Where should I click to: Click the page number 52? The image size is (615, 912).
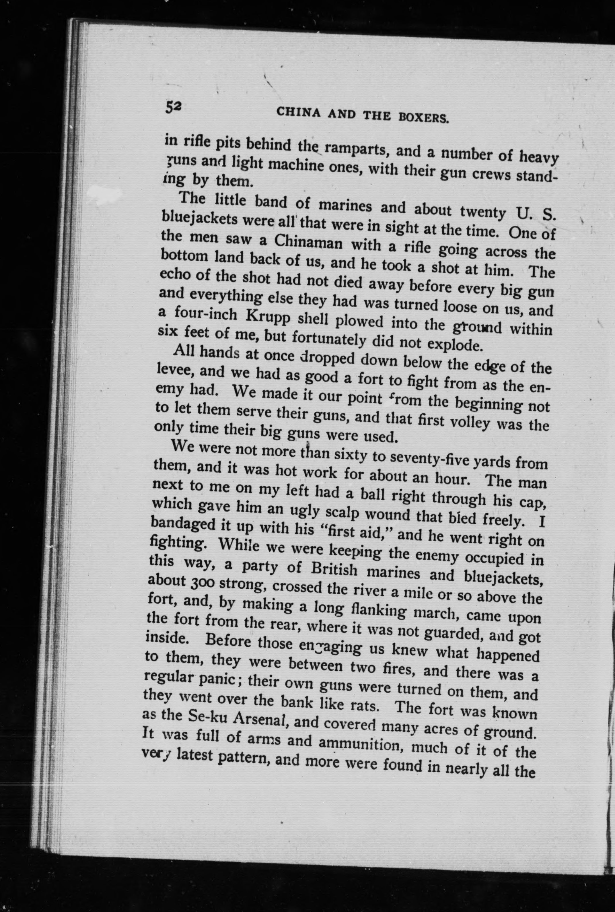(173, 106)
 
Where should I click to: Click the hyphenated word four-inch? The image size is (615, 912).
(205, 314)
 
